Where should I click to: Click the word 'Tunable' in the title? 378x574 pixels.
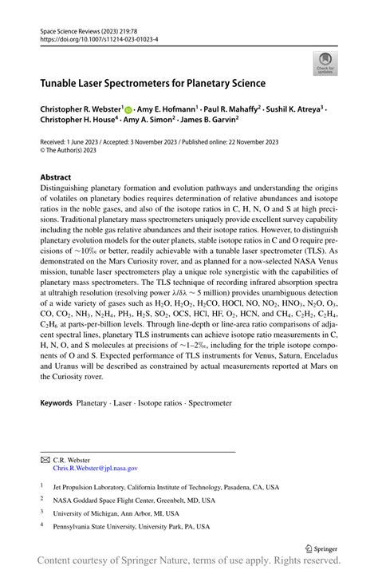pos(63,83)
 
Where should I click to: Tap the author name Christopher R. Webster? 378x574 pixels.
pos(81,108)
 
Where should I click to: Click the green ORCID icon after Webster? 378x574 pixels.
pos(128,108)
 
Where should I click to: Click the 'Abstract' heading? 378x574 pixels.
pos(57,177)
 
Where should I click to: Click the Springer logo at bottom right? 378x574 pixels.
pos(321,548)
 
